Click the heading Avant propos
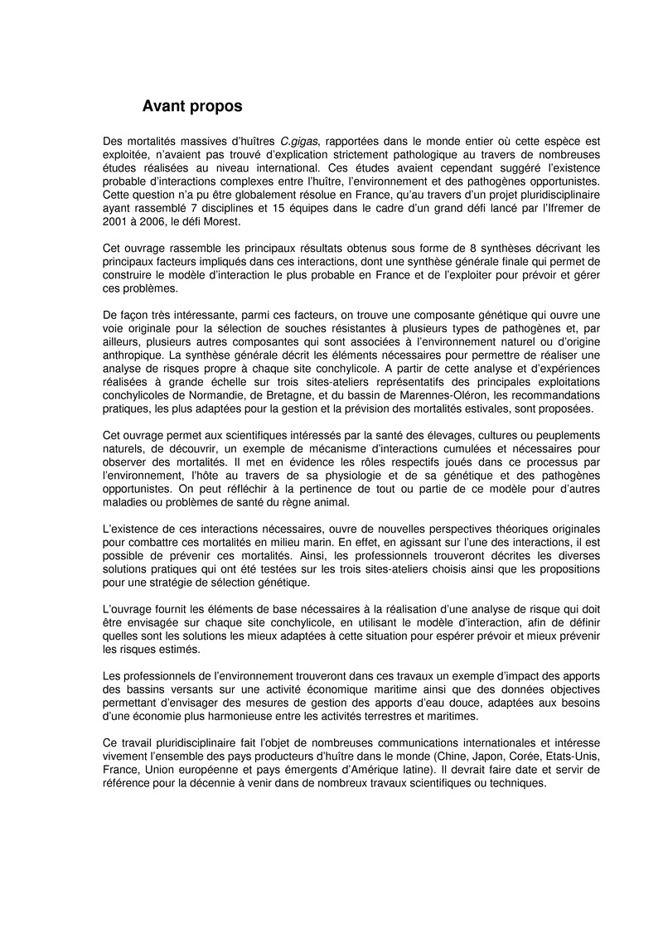(x=192, y=106)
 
